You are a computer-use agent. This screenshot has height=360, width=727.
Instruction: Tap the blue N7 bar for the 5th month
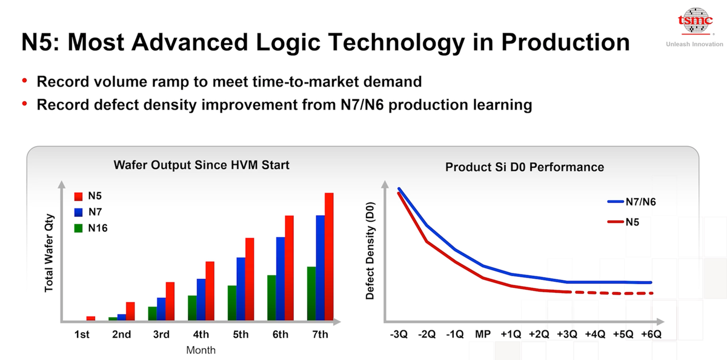coord(241,288)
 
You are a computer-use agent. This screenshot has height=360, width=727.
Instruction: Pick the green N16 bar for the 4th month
coord(191,307)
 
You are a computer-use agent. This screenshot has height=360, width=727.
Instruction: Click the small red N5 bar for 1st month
coord(91,318)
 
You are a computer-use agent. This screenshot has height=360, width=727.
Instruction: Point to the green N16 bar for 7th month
coord(311,293)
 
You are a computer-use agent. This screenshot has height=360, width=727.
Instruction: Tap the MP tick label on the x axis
coord(483,335)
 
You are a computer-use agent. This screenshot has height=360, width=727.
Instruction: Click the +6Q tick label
coord(651,335)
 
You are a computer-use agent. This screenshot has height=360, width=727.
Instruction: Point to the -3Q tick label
coord(399,335)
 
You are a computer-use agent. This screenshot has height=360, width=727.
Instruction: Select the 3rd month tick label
coord(161,335)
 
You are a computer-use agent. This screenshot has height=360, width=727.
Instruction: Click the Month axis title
coord(201,350)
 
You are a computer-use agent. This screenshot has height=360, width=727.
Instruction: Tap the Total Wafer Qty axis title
coord(50,253)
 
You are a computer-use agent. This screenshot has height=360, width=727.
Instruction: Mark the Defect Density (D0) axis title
coord(370,250)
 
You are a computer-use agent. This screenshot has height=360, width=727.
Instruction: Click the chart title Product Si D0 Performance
coord(525,167)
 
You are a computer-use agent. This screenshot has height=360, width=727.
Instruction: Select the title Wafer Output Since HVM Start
coord(202,164)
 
